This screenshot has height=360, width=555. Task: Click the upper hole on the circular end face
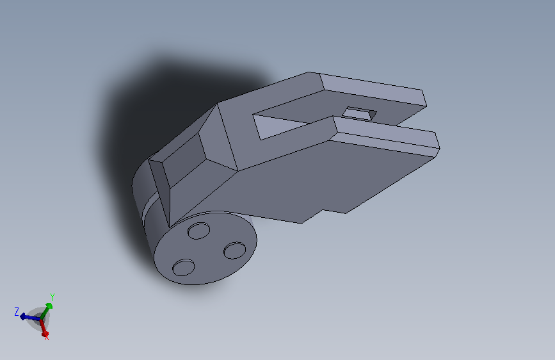tap(198, 231)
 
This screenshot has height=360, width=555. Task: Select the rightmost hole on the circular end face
tap(235, 250)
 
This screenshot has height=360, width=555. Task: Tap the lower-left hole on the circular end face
tap(183, 268)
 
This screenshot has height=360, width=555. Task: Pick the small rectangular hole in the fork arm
tap(359, 113)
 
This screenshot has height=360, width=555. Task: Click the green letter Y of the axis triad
tap(52, 297)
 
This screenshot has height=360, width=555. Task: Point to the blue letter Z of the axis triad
tap(16, 312)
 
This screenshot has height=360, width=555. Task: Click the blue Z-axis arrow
tap(30, 317)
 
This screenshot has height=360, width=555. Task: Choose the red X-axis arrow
tap(44, 328)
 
